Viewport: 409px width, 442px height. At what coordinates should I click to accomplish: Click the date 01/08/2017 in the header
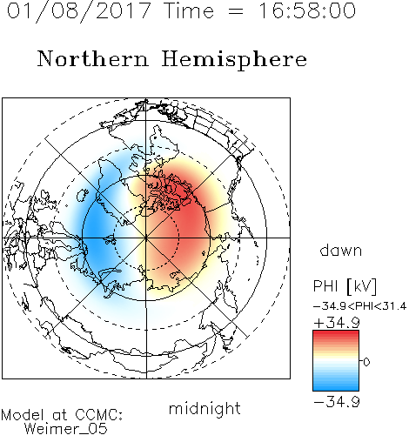pos(79,10)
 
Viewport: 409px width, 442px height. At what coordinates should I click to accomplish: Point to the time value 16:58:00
pos(307,10)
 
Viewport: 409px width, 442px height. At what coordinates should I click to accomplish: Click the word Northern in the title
pos(93,58)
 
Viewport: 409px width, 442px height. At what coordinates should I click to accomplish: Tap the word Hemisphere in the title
pos(234,60)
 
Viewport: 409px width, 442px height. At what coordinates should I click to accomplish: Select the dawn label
pos(341,250)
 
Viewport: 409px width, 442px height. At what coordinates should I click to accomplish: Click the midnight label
pos(204,408)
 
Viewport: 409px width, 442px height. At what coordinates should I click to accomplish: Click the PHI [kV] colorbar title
pos(345,286)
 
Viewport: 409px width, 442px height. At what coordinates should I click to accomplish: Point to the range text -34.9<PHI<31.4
pos(359,306)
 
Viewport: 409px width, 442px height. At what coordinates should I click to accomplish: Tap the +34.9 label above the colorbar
pos(337,323)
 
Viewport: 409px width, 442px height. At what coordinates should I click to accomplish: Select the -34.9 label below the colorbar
pos(337,402)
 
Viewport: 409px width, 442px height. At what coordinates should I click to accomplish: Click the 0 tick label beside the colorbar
pos(366,362)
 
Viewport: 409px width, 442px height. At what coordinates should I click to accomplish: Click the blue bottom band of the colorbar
pos(336,387)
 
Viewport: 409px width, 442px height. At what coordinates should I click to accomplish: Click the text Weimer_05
pos(66,429)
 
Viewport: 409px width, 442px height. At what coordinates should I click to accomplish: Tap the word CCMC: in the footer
pos(99,415)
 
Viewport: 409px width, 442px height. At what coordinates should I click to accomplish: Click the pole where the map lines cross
pos(146,238)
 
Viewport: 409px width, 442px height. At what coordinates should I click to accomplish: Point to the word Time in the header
pos(189,10)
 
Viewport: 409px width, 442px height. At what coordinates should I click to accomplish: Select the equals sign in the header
pos(236,11)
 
